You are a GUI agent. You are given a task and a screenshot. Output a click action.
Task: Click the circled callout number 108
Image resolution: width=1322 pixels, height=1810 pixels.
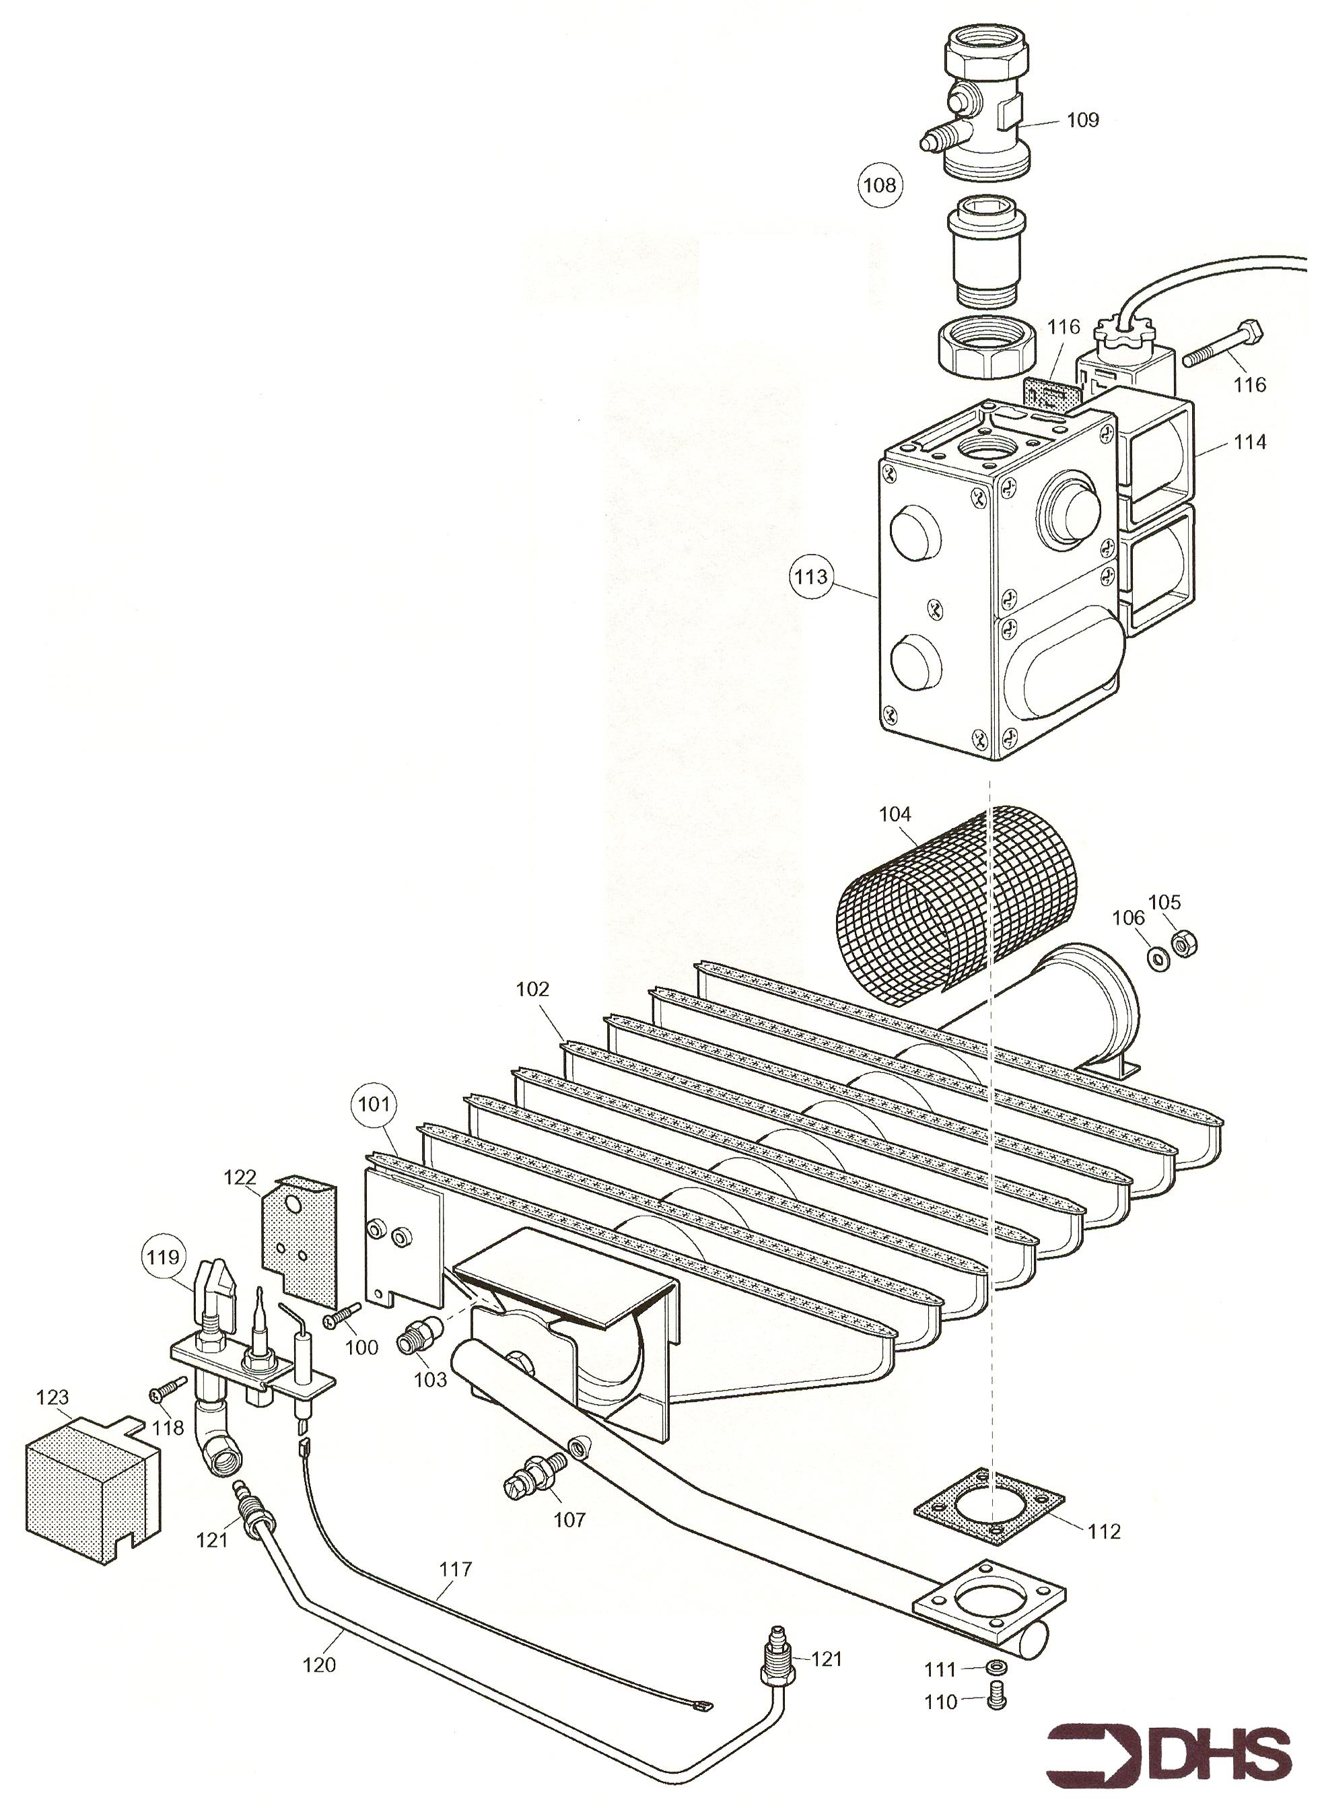[x=880, y=186]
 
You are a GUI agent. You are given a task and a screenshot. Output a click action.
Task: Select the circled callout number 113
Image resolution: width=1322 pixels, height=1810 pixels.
[x=812, y=577]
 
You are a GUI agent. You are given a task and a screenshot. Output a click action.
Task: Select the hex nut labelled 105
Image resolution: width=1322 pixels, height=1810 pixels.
[x=1178, y=945]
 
